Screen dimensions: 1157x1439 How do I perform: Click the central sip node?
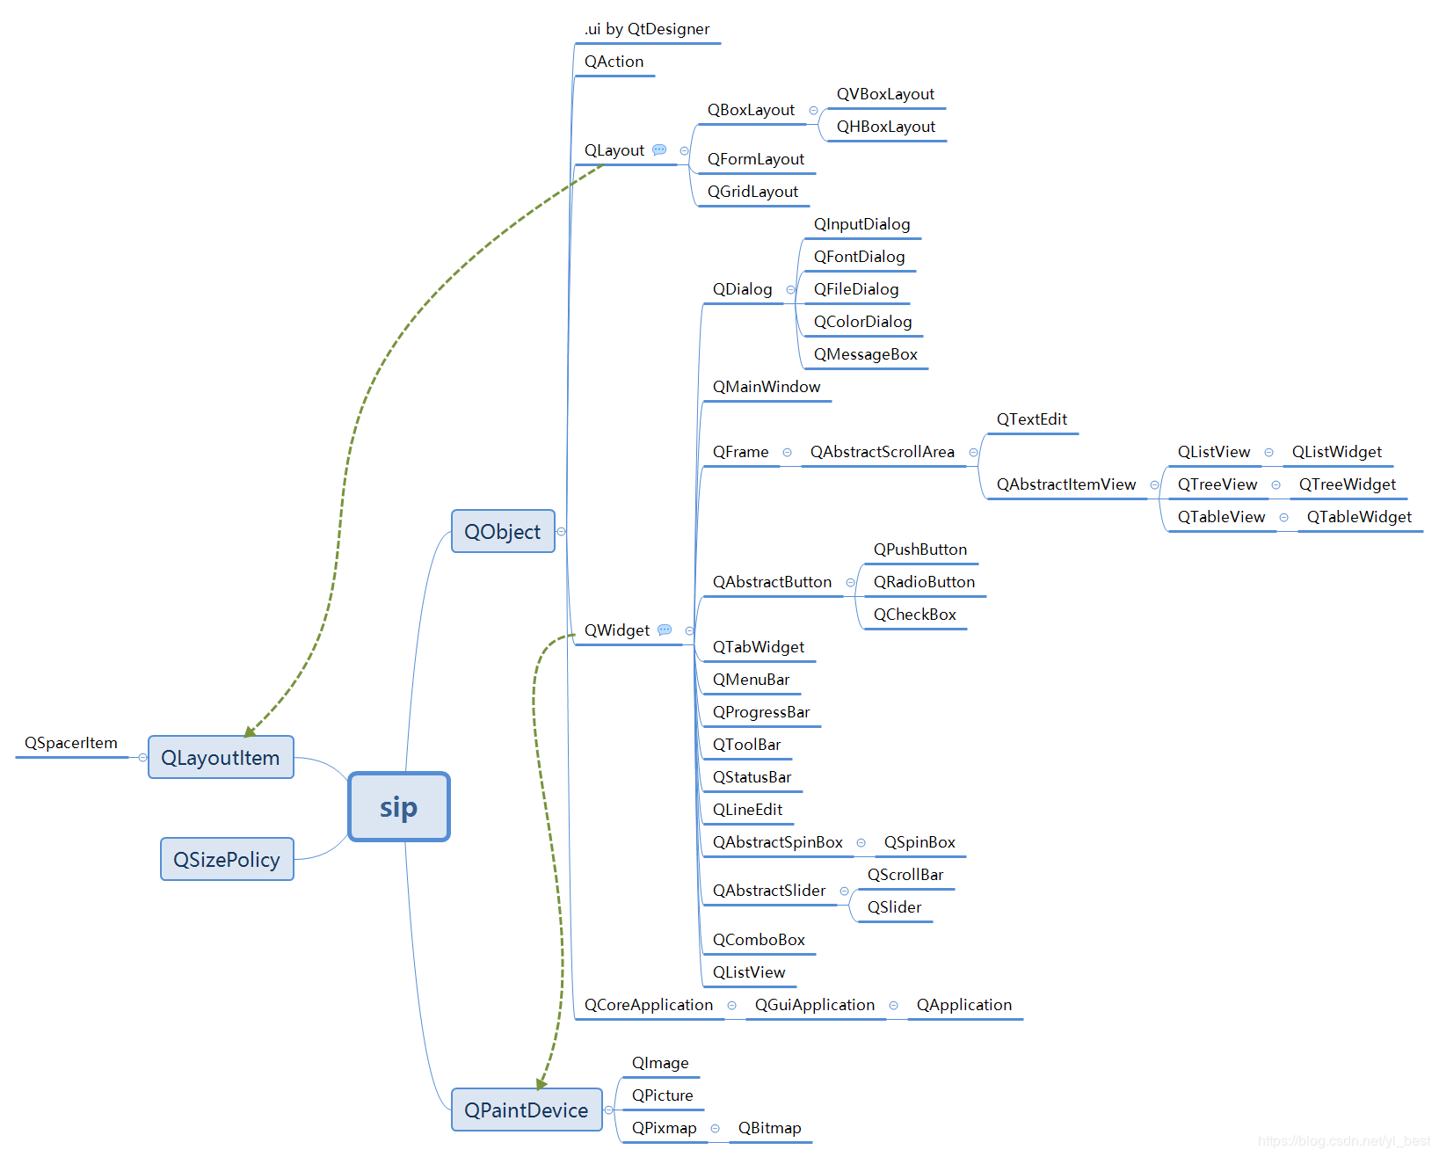tap(399, 807)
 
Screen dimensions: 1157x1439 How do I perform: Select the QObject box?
tap(503, 532)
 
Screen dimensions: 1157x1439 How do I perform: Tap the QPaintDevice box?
tap(526, 1110)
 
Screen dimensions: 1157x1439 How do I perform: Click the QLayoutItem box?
tap(221, 758)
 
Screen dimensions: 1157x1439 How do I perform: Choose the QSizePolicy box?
tap(227, 860)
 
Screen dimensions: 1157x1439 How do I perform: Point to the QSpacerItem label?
tap(71, 743)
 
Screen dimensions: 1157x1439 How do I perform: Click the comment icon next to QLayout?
tap(659, 150)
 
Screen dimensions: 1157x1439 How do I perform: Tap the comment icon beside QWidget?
tap(665, 630)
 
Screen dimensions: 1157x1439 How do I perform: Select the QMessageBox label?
tap(865, 354)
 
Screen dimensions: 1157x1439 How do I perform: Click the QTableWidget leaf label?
tap(1359, 517)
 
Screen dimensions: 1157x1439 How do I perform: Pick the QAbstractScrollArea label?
tap(882, 452)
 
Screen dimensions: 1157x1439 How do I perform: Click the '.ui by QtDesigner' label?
tap(647, 29)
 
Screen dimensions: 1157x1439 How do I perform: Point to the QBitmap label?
tap(769, 1128)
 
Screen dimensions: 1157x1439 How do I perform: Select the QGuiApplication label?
tap(815, 1005)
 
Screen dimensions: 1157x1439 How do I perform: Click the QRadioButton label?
tap(924, 582)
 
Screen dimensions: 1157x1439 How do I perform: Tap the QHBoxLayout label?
tap(885, 127)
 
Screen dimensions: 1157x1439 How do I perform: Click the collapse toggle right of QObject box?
tap(562, 532)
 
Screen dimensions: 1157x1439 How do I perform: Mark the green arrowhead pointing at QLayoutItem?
tap(250, 731)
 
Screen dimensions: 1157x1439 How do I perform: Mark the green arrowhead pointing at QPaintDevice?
tap(541, 1083)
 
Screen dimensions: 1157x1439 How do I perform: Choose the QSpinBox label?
tap(919, 842)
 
